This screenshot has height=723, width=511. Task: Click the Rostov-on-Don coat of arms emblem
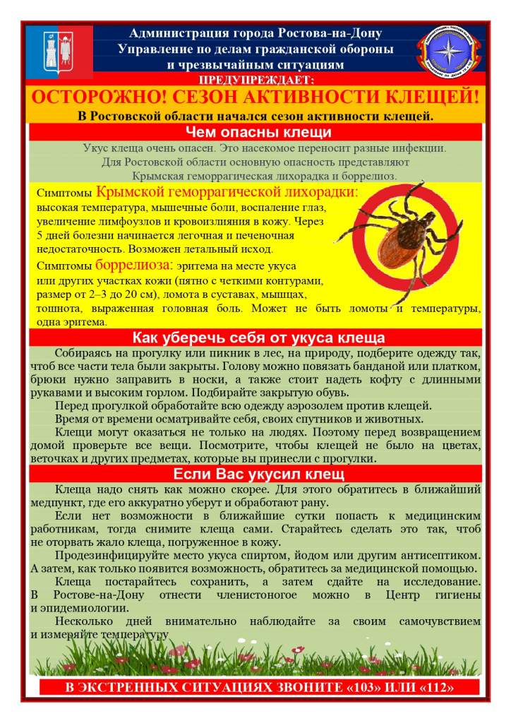(59, 50)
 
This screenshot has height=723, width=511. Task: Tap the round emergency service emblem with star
(449, 50)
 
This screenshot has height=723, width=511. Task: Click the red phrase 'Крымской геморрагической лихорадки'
(227, 193)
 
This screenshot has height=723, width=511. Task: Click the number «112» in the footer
(433, 688)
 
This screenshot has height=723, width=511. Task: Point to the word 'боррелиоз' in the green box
(370, 175)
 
